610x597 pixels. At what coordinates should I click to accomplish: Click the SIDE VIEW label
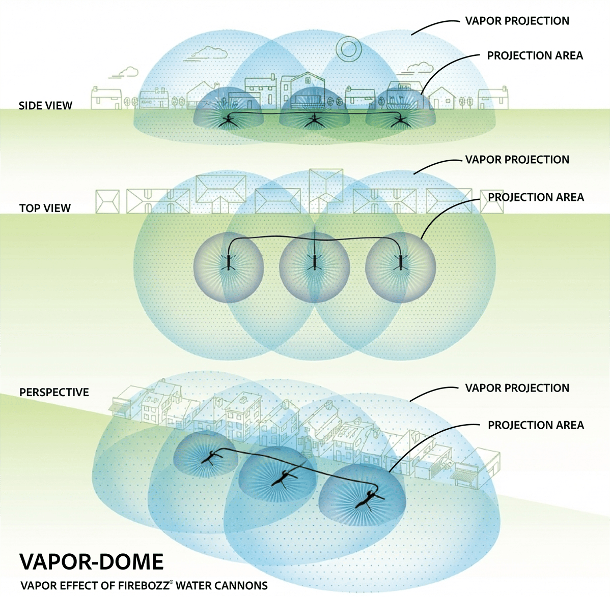click(x=45, y=106)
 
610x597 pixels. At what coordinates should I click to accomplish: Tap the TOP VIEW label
click(x=45, y=208)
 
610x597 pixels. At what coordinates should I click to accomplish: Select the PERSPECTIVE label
click(x=54, y=392)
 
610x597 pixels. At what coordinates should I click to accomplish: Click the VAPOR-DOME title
click(x=92, y=562)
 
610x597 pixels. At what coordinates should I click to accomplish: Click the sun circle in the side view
click(x=348, y=49)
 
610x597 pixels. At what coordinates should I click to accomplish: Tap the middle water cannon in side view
click(x=314, y=122)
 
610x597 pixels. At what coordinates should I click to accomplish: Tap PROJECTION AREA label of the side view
click(x=535, y=55)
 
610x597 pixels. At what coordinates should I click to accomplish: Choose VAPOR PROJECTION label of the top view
click(x=517, y=160)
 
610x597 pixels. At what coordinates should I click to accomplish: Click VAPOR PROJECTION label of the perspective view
click(x=517, y=388)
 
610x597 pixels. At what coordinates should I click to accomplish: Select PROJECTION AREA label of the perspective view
click(x=536, y=425)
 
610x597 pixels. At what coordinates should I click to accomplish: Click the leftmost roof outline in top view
click(x=107, y=201)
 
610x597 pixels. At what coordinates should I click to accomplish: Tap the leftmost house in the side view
click(x=106, y=98)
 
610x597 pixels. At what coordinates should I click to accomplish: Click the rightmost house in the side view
click(x=493, y=98)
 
